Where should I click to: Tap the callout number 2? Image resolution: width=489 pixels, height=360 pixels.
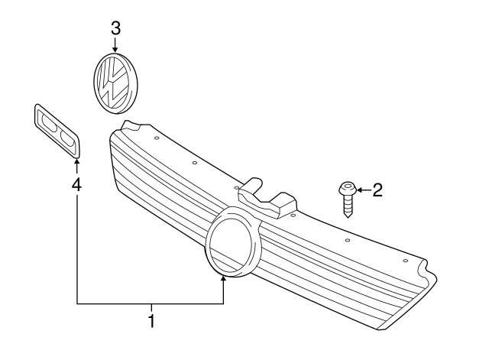coord(376,190)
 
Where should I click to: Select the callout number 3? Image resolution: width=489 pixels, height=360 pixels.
coord(115,29)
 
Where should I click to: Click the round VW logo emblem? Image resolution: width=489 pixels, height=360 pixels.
coord(115,84)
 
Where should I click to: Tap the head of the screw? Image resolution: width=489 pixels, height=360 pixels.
coord(348,187)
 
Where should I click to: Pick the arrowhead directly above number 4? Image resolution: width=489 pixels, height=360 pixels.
coord(77,162)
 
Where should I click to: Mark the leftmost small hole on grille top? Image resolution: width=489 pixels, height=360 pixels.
coord(155,139)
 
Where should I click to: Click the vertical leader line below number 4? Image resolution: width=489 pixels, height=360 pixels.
coord(77,245)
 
